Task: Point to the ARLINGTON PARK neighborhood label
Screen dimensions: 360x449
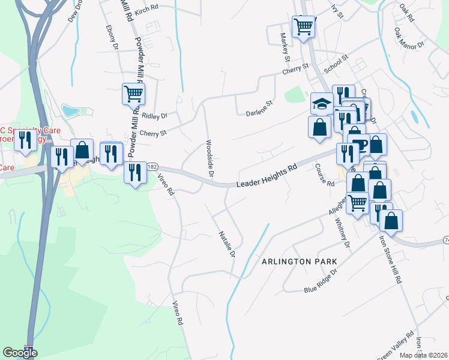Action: pos(299,262)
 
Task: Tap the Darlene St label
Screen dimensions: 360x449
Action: pos(259,107)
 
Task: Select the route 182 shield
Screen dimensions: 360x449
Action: pos(152,167)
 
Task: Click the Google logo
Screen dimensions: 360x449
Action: pos(20,352)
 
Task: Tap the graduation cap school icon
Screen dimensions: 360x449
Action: pos(322,103)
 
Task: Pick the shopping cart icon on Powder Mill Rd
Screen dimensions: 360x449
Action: pos(133,93)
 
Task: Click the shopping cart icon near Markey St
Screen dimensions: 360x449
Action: pos(304,26)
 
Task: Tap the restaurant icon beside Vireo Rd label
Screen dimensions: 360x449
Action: pos(135,173)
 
